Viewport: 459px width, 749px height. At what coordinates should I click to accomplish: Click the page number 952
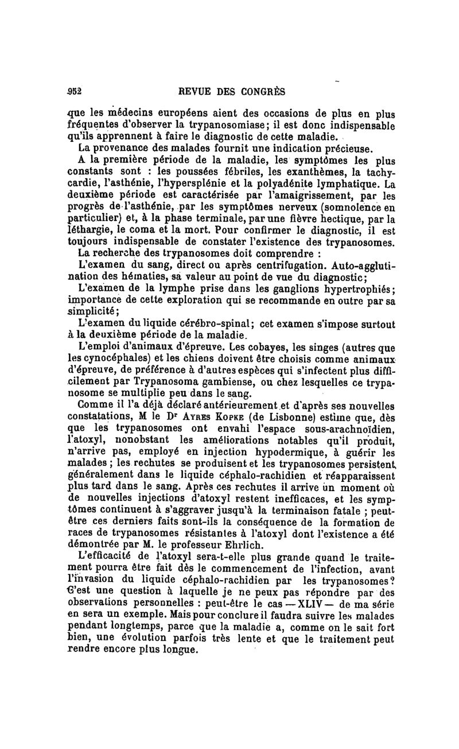click(x=76, y=91)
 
